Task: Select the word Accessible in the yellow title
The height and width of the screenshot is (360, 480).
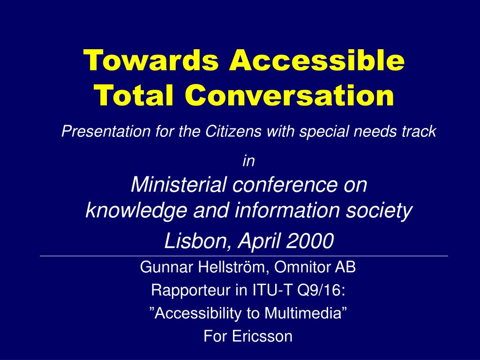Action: pyautogui.click(x=317, y=60)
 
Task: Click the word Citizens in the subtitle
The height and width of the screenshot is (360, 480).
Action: pyautogui.click(x=233, y=131)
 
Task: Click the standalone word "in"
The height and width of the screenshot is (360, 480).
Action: pyautogui.click(x=248, y=161)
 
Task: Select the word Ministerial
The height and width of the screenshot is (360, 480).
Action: pyautogui.click(x=179, y=184)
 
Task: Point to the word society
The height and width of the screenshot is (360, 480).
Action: pyautogui.click(x=379, y=211)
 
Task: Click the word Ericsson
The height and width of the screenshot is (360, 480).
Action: pyautogui.click(x=262, y=336)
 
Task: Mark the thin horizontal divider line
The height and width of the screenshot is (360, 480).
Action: pyautogui.click(x=244, y=255)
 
